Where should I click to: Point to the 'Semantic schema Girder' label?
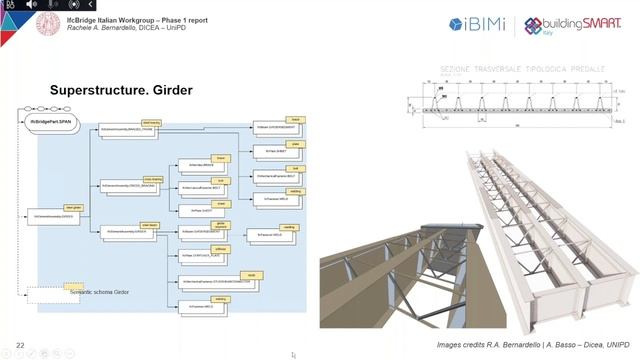[100, 291]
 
